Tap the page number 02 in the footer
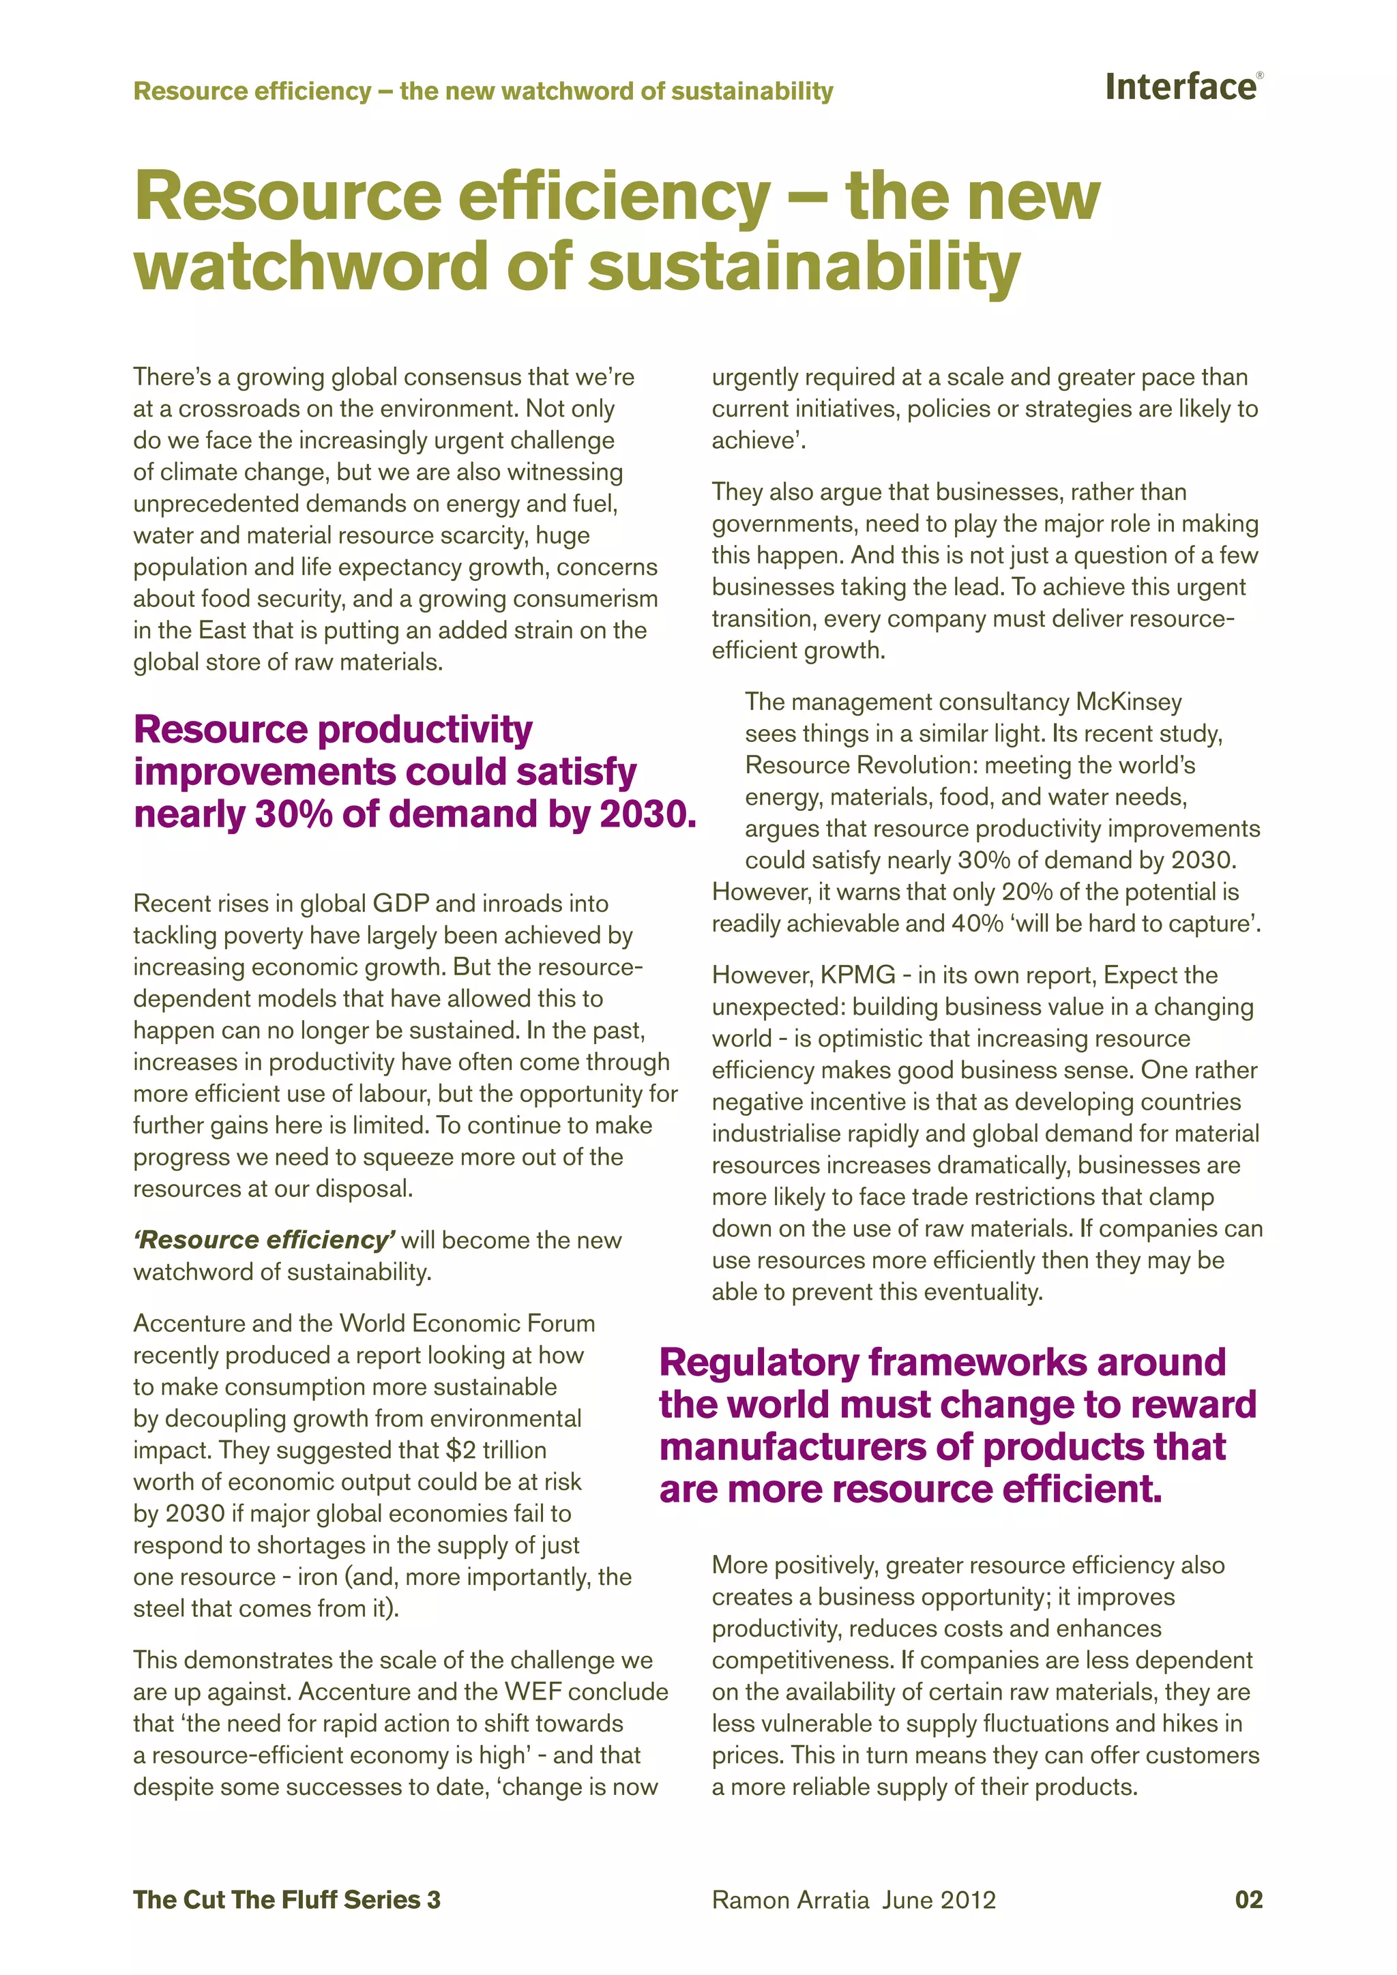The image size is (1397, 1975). [x=1248, y=1899]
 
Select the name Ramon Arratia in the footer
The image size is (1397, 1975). [x=790, y=1900]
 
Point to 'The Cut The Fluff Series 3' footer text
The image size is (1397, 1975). [x=286, y=1899]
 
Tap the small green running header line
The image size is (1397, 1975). [x=482, y=91]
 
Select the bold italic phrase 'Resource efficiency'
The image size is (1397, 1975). [x=264, y=1240]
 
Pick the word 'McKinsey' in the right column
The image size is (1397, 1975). [x=1129, y=702]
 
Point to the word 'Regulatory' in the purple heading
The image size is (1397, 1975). [x=759, y=1363]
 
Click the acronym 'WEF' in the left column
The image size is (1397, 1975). [x=533, y=1691]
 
